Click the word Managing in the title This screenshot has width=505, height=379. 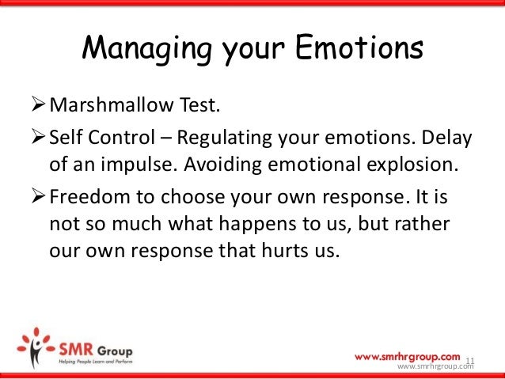click(x=147, y=50)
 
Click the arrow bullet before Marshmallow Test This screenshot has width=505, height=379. click(x=38, y=104)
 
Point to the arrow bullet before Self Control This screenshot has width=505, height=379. click(x=38, y=136)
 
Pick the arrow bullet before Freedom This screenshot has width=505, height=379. click(x=38, y=196)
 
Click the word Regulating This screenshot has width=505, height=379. click(x=225, y=138)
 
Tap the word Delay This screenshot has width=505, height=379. click(x=446, y=138)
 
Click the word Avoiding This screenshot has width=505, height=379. click(x=222, y=165)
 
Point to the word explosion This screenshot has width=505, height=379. click(x=412, y=165)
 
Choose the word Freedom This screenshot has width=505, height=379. click(x=89, y=196)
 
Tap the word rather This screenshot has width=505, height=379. click(x=422, y=223)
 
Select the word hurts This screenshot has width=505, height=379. click(x=286, y=250)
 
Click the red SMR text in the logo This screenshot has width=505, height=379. click(x=76, y=350)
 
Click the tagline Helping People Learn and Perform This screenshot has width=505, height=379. click(x=96, y=362)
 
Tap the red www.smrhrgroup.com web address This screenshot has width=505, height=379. click(x=408, y=357)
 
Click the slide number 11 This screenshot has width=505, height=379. click(x=470, y=361)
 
